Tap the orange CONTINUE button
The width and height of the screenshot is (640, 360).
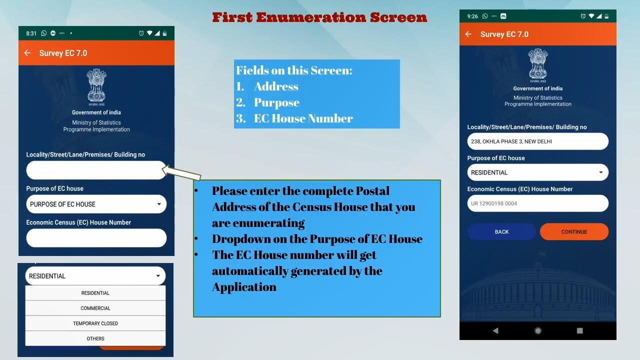coord(574,231)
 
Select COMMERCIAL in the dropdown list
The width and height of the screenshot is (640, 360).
coord(95,308)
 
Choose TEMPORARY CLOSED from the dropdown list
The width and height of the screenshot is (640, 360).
coord(95,323)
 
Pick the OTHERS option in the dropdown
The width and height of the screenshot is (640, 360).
coord(95,338)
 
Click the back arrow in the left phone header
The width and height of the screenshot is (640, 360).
coord(27,53)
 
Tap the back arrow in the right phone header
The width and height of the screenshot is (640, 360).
coord(468,34)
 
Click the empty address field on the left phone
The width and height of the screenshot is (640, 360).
coord(96,170)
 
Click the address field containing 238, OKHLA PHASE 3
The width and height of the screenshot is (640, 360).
coord(537,141)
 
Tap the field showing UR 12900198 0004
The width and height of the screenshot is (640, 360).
coord(537,203)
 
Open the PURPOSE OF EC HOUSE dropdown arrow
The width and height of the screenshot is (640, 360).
coord(159,204)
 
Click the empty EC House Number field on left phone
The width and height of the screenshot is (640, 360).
coord(96,238)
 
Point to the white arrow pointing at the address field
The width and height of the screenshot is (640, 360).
coord(181,172)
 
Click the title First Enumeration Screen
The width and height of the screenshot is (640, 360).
coord(319,17)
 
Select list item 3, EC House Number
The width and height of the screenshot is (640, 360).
coord(294,118)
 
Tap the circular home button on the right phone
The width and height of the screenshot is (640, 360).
coord(537,330)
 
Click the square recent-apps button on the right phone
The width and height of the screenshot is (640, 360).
coord(579,330)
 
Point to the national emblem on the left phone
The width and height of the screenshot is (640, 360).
coord(96,87)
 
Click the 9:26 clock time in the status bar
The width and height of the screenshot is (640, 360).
coord(472,16)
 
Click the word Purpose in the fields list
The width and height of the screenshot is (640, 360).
coord(276,102)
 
